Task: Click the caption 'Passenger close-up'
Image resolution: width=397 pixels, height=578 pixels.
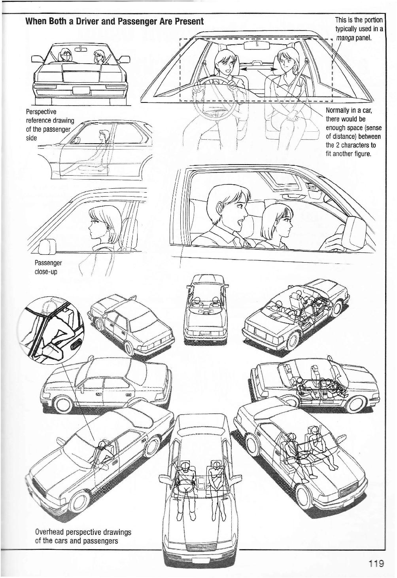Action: pos(48,267)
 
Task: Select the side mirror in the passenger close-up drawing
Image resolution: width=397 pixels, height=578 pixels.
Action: pos(48,248)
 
